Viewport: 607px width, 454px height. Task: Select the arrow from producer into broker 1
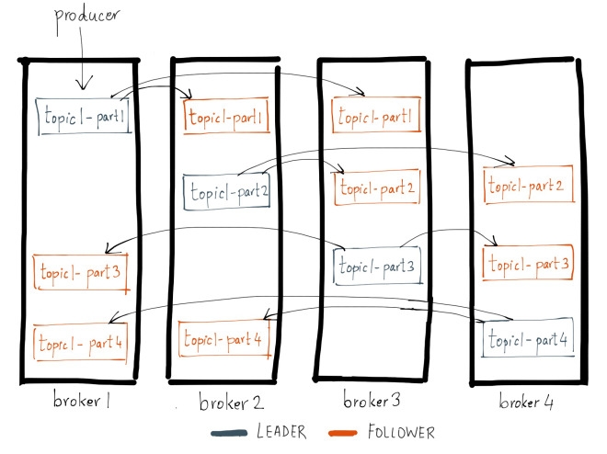[84, 65]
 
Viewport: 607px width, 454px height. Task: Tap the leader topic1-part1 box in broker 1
[83, 116]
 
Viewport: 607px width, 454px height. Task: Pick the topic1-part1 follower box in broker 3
[375, 117]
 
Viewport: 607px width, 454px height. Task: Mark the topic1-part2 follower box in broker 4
[528, 185]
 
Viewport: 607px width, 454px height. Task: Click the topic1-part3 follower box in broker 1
[80, 272]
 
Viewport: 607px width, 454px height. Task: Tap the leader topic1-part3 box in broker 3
[377, 266]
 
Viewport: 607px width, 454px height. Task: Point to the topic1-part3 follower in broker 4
[529, 264]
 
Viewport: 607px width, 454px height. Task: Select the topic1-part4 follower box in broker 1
[80, 343]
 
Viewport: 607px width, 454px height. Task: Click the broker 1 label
[81, 402]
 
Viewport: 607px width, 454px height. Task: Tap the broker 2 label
[229, 403]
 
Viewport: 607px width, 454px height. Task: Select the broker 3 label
[372, 402]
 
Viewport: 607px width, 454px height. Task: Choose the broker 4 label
[527, 403]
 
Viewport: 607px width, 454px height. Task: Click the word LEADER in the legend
[281, 432]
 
